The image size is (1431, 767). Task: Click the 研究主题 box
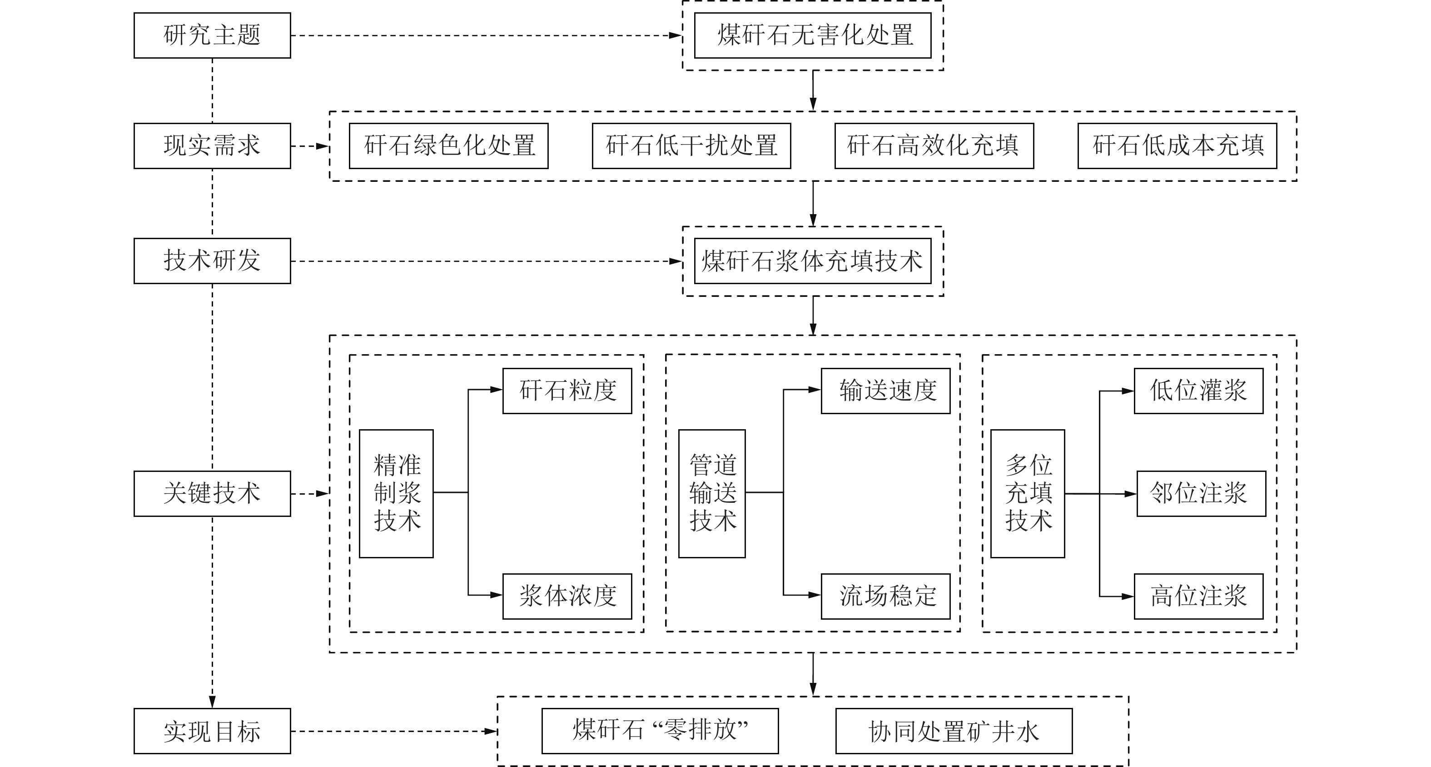[212, 35]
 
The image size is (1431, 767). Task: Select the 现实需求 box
[212, 145]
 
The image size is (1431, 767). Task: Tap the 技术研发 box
[212, 261]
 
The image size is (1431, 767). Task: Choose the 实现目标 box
[212, 731]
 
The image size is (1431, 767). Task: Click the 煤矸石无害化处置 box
[812, 35]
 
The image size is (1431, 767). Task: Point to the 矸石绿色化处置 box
[448, 145]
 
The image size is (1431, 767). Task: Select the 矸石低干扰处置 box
[691, 145]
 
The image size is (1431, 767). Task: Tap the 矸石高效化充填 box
[934, 145]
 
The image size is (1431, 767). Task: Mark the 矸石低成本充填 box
[1177, 145]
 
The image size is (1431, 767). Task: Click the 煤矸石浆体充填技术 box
[812, 261]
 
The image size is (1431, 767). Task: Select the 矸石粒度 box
[567, 391]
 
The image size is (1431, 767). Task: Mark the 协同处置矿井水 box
[954, 732]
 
